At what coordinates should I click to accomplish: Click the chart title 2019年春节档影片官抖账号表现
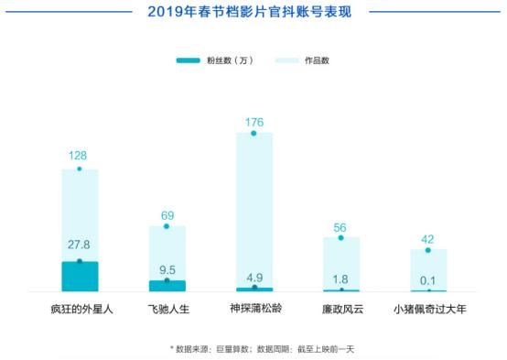click(x=253, y=13)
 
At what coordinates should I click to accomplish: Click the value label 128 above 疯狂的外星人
click(x=79, y=156)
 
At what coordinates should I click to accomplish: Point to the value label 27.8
click(x=79, y=245)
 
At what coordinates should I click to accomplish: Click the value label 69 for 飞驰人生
click(x=167, y=215)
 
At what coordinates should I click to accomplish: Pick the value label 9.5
click(x=167, y=269)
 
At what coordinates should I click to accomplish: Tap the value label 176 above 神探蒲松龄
click(x=253, y=121)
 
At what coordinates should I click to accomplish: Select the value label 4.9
click(x=253, y=273)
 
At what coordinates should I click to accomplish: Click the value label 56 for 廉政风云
click(x=340, y=226)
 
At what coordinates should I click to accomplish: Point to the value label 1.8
click(x=340, y=278)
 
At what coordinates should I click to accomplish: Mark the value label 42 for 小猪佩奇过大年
click(x=427, y=237)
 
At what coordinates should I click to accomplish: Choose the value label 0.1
click(x=427, y=279)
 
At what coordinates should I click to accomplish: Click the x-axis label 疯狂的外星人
click(x=79, y=310)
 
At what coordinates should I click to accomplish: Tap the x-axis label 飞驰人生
click(x=167, y=310)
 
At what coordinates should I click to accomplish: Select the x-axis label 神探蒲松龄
click(x=253, y=310)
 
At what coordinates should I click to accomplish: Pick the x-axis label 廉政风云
click(x=340, y=310)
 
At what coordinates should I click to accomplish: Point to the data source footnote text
click(x=253, y=348)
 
